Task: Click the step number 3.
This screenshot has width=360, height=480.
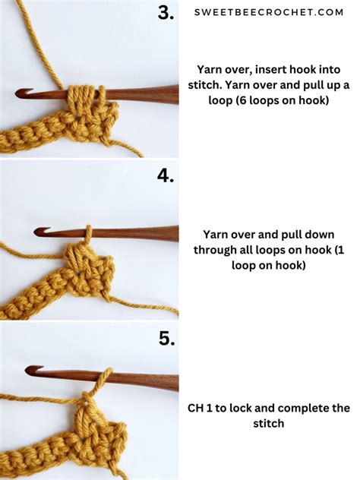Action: click(x=166, y=13)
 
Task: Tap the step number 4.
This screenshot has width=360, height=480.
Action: click(x=166, y=175)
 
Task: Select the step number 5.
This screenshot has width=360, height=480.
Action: click(x=166, y=339)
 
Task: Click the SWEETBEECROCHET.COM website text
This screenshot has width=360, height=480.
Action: click(x=270, y=12)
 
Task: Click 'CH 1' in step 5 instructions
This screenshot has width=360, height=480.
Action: click(x=201, y=408)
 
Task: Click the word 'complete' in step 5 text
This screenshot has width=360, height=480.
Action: click(x=302, y=408)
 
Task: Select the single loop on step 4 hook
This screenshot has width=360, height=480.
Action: click(x=89, y=232)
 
